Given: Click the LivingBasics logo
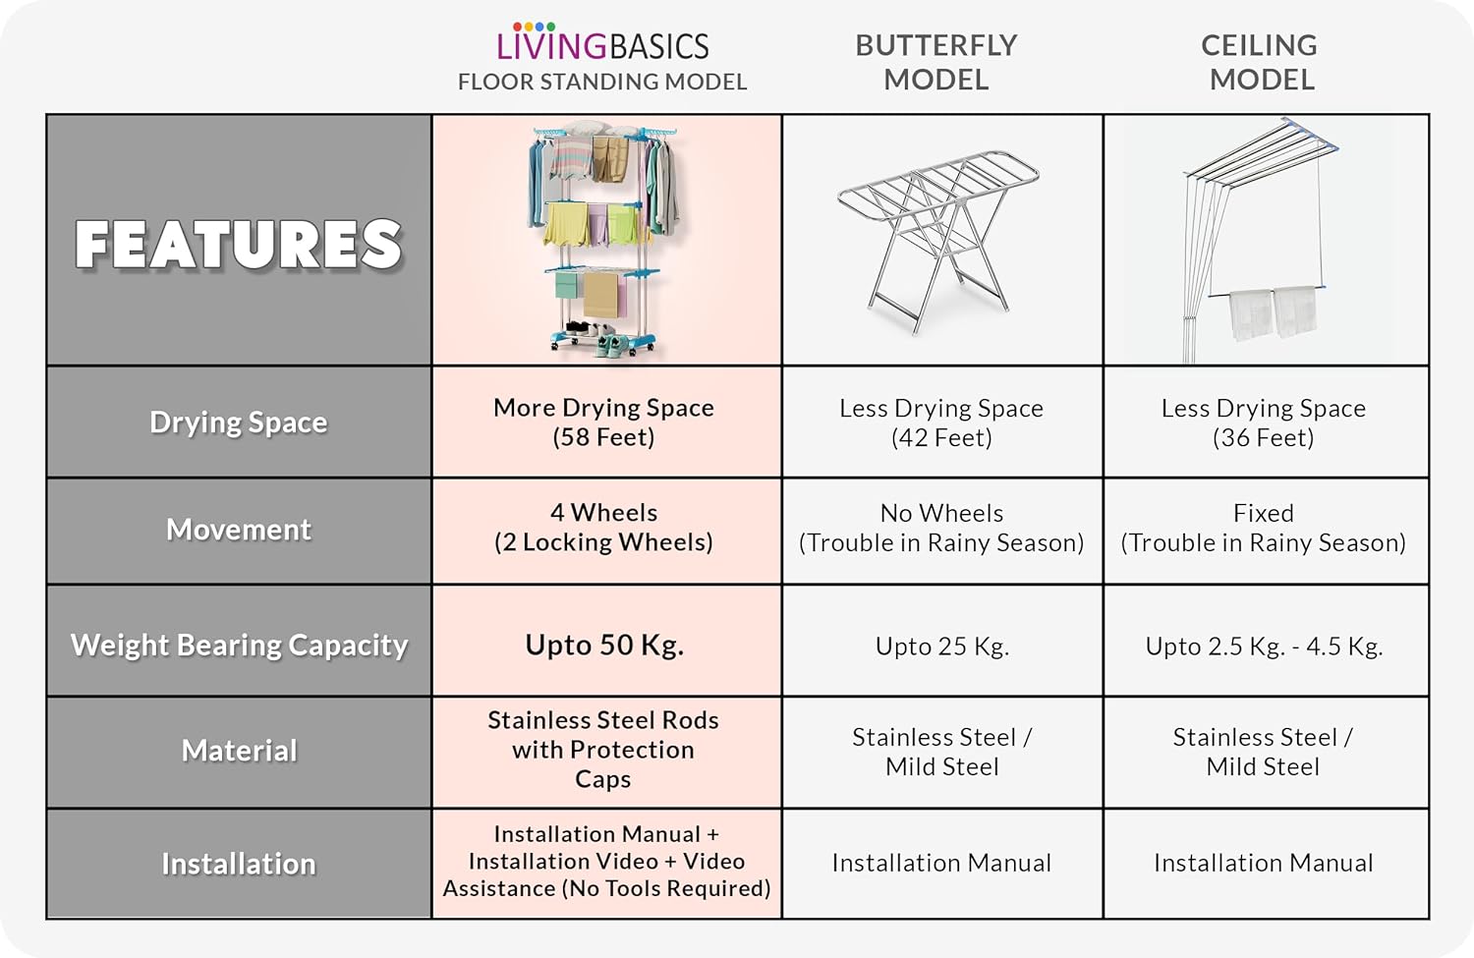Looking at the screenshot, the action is click(602, 42).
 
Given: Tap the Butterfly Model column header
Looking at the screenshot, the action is click(935, 63).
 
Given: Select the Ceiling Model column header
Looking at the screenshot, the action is click(1260, 63).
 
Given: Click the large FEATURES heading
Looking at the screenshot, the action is click(238, 244).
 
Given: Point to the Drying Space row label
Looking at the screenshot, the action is click(238, 422).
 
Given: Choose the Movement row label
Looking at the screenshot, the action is click(238, 530).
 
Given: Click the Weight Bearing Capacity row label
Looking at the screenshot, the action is click(239, 645).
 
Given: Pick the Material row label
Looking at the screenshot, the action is click(239, 750).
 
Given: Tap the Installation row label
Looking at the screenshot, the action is click(239, 864).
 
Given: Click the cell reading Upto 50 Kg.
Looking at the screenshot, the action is click(604, 645).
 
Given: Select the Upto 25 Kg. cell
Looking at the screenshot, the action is click(942, 647).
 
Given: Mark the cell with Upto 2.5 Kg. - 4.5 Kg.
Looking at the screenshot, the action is click(1264, 647).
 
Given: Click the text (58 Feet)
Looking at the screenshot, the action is click(603, 437).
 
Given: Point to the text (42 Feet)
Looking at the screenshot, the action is click(941, 437).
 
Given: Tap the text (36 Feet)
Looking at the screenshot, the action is click(1264, 437).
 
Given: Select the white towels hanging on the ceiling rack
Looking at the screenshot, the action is click(1274, 313).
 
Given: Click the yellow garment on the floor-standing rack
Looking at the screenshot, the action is click(566, 224).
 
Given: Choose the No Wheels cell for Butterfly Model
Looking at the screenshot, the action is click(941, 528).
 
